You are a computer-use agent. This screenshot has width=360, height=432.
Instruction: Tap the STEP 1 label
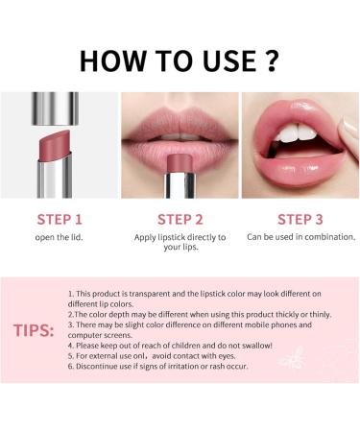[x=58, y=218]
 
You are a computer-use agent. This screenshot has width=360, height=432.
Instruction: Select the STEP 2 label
[x=180, y=218]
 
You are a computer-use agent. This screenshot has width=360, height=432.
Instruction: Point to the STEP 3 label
[x=300, y=218]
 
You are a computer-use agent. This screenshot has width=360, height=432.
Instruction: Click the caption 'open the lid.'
[x=58, y=237]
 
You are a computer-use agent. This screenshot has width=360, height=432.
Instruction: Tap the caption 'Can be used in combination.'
[x=300, y=236]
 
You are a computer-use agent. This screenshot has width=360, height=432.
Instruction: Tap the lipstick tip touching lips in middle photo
[x=180, y=159]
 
